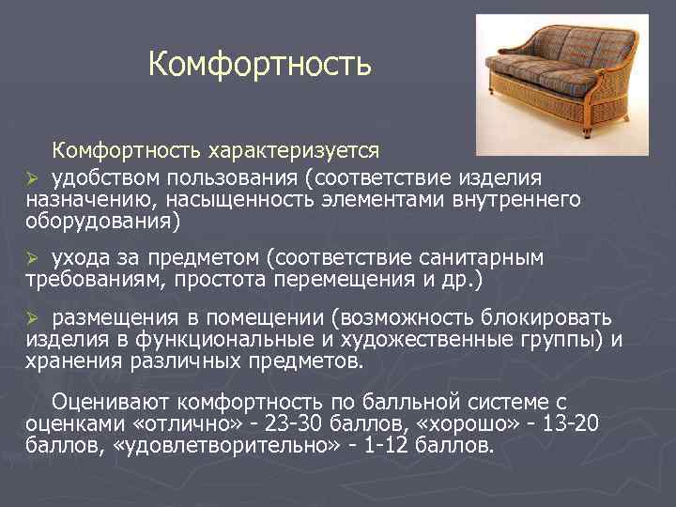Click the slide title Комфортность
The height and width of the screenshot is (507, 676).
(260, 65)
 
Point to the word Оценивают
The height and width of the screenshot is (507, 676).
(112, 401)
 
